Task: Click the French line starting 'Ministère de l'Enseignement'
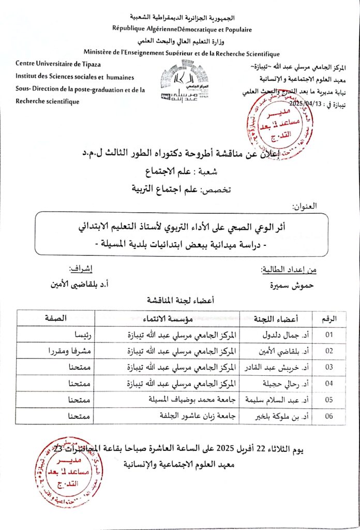[182, 53]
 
